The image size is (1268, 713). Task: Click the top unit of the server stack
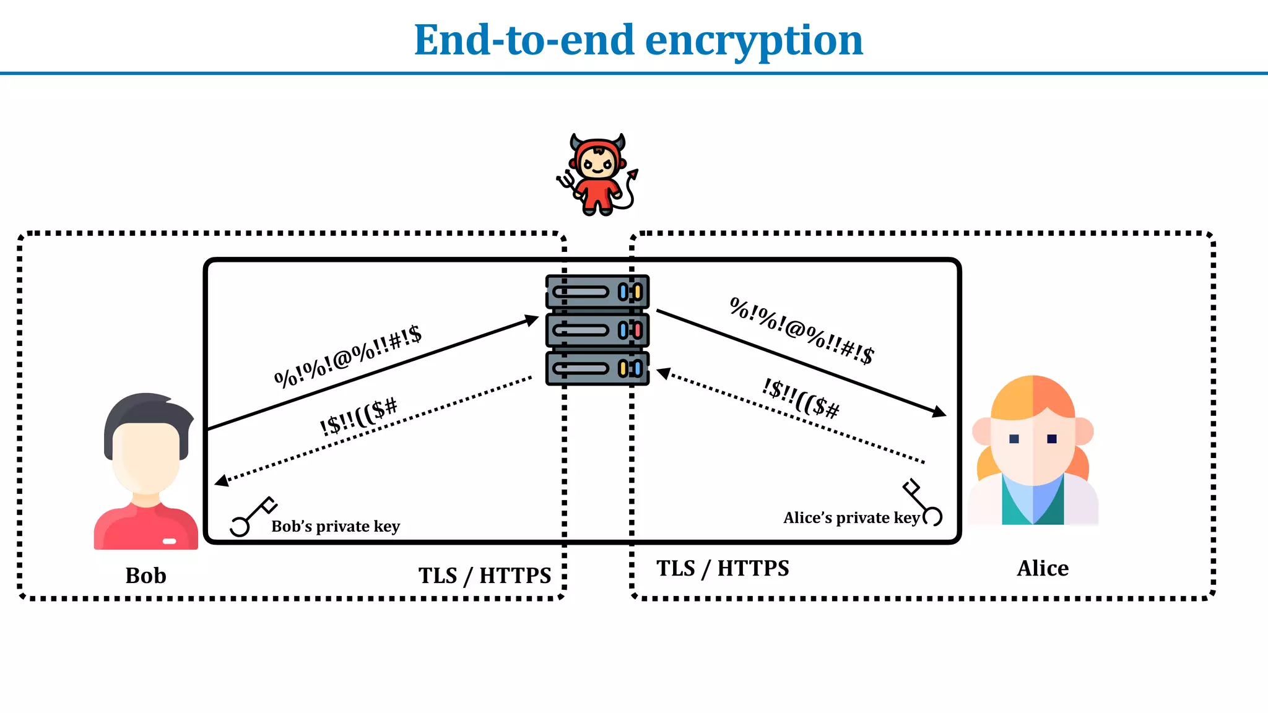point(597,292)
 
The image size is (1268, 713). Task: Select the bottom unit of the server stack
point(597,369)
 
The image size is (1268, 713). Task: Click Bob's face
point(146,455)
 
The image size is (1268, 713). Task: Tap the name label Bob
point(145,576)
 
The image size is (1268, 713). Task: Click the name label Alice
point(1043,568)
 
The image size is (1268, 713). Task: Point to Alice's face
point(1033,446)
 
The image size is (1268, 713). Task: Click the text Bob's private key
point(336,527)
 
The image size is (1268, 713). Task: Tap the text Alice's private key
point(851,518)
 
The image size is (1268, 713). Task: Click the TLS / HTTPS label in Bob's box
point(484,576)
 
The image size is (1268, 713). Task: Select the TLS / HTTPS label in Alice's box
point(723,568)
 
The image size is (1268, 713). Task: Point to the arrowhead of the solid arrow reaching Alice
point(940,412)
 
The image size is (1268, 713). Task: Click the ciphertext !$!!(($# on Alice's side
point(801,399)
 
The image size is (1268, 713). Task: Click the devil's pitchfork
point(565,181)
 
